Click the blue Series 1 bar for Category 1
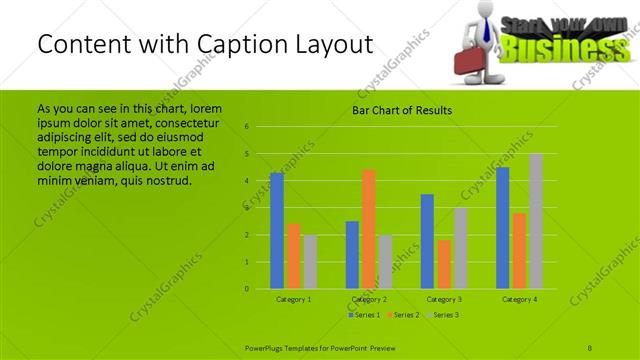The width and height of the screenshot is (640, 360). pos(277,231)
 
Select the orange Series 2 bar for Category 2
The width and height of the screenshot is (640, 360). pos(369,229)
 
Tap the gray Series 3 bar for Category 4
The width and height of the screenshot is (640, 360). pos(536,221)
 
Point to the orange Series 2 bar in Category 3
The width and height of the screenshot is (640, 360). pos(444,264)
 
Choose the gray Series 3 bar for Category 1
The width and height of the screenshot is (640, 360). pos(310,262)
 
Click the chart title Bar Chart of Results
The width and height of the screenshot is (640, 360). pos(403,110)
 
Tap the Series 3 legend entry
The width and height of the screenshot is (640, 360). pos(441,315)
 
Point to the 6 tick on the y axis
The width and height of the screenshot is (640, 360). pos(246,127)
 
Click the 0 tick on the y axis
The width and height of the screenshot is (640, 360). pos(246,289)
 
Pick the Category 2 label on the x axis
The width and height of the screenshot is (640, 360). pos(369,299)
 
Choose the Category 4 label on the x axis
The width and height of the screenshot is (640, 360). pos(519,299)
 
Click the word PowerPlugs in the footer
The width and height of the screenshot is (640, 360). pos(266,347)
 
